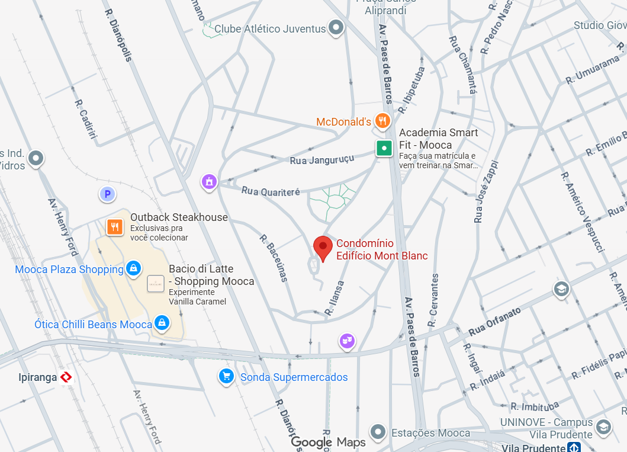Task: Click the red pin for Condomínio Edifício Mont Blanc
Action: coord(323,247)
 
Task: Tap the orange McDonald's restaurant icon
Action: coord(382,121)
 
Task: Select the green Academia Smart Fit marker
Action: coord(384,148)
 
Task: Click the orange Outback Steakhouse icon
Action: coord(115,226)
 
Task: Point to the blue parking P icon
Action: coord(107,193)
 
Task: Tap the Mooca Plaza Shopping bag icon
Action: coord(134,269)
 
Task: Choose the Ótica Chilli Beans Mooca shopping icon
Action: coord(161,323)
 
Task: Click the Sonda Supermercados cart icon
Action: coord(226,376)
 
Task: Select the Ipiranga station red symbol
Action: coord(66,377)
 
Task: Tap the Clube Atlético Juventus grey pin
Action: coord(336,27)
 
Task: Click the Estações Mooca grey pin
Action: coord(378,432)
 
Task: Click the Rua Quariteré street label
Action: coord(271,191)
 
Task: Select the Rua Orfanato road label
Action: coord(495,321)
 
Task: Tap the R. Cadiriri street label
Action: coord(86,122)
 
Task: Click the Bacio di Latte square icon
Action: coord(156,284)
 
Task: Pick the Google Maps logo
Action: coord(328,442)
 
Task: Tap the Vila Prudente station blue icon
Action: coord(573,448)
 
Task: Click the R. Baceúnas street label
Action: coord(274,258)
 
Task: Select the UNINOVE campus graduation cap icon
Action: coord(603,427)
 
